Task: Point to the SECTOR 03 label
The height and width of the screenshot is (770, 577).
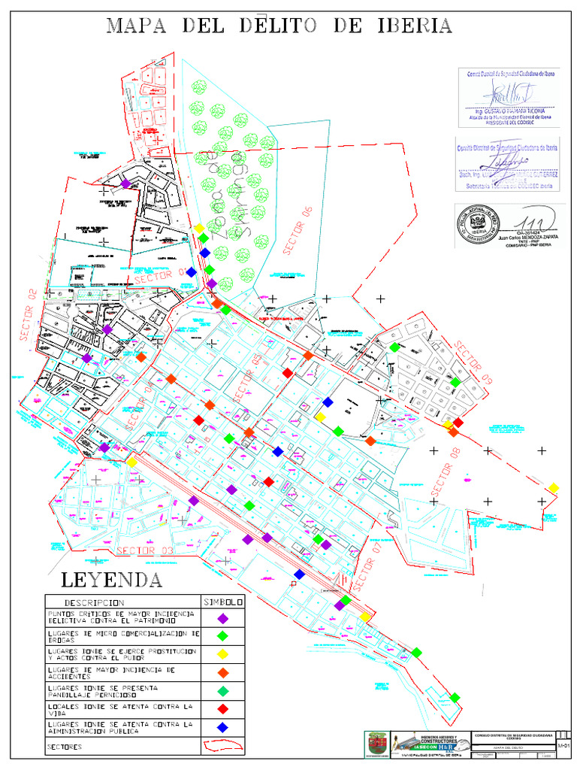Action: click(145, 551)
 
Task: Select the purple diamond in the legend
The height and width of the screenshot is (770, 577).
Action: click(222, 619)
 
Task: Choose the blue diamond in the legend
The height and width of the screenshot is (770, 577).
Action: click(222, 727)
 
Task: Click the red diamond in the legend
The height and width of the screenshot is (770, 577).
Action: click(222, 709)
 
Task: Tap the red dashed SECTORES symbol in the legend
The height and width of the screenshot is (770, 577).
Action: click(222, 746)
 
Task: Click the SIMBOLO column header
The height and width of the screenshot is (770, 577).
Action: click(223, 602)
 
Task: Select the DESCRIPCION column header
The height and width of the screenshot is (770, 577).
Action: click(95, 602)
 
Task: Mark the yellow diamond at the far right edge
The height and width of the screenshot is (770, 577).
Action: click(554, 487)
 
